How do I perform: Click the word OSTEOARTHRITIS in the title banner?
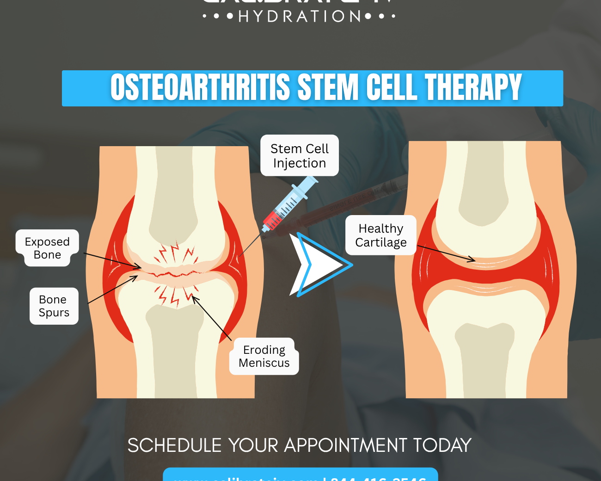click(200, 87)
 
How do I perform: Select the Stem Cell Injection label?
click(300, 156)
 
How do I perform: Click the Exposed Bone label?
click(47, 248)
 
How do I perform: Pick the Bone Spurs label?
click(54, 306)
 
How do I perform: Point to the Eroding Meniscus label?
click(264, 356)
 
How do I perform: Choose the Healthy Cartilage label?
click(381, 235)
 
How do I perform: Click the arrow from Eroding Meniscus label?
click(212, 318)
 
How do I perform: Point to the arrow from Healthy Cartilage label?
click(446, 253)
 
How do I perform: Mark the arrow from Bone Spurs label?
click(112, 290)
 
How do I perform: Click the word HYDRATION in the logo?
click(300, 17)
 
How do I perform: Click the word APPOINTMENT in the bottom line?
click(346, 445)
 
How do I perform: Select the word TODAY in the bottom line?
click(442, 445)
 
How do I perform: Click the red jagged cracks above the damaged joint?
click(176, 253)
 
